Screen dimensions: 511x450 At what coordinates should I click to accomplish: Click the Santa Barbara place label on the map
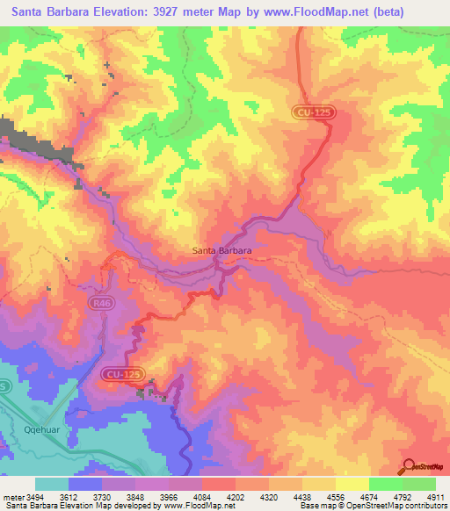coord(222,250)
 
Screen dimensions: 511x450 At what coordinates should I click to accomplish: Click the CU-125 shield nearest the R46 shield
coord(123,373)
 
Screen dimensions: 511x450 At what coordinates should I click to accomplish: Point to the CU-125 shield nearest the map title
coord(314,112)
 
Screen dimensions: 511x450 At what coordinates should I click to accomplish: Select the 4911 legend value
coord(435,498)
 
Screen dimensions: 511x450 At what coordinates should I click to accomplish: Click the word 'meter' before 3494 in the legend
coord(14,498)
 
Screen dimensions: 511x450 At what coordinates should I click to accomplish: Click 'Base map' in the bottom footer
coord(312,507)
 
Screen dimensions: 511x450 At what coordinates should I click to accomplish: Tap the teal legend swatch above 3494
coord(51,485)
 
